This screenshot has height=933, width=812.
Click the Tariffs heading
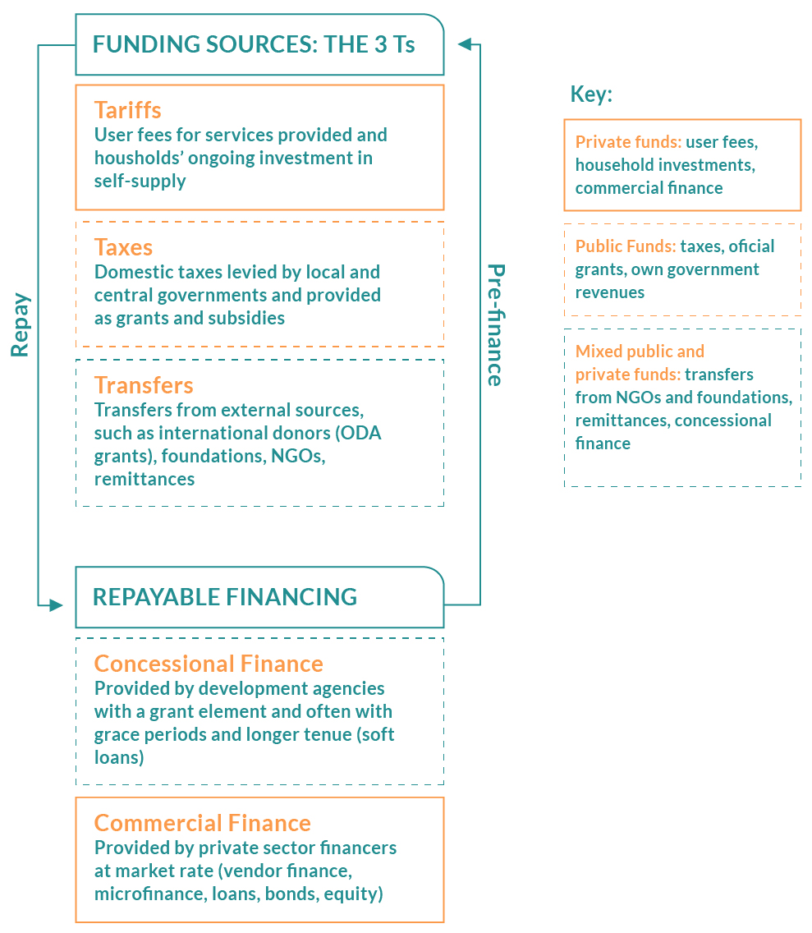coord(127,110)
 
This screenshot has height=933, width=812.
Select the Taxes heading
coord(123,247)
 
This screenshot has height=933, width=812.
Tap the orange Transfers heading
coord(144,385)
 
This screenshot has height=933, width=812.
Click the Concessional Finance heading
coord(209,664)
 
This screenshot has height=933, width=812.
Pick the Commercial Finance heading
coord(202,823)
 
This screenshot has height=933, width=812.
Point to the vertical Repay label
coord(21,325)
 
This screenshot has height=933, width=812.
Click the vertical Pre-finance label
coord(496,325)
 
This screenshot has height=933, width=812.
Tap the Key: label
coord(591,94)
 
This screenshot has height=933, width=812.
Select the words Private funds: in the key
coord(628,141)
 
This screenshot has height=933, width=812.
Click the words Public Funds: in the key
coord(626,246)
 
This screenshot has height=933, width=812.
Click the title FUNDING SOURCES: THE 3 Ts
coord(254,44)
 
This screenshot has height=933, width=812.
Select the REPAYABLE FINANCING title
coord(225,597)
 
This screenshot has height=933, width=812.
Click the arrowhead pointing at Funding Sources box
coord(465,44)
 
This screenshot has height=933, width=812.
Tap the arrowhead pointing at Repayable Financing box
coord(56,605)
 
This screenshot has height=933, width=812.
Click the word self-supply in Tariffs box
coord(140,181)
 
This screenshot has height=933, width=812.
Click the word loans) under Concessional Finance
coord(119,757)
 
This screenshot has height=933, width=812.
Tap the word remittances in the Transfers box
coord(145,479)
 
